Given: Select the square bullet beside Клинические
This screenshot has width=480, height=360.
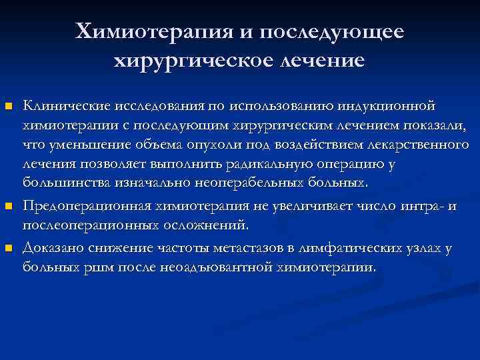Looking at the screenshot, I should click(8, 107).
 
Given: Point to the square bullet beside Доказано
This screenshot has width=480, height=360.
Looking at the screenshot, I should click(8, 249).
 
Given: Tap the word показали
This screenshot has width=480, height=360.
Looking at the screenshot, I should click(425, 126).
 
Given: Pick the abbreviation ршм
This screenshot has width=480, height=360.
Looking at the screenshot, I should click(90, 267).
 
